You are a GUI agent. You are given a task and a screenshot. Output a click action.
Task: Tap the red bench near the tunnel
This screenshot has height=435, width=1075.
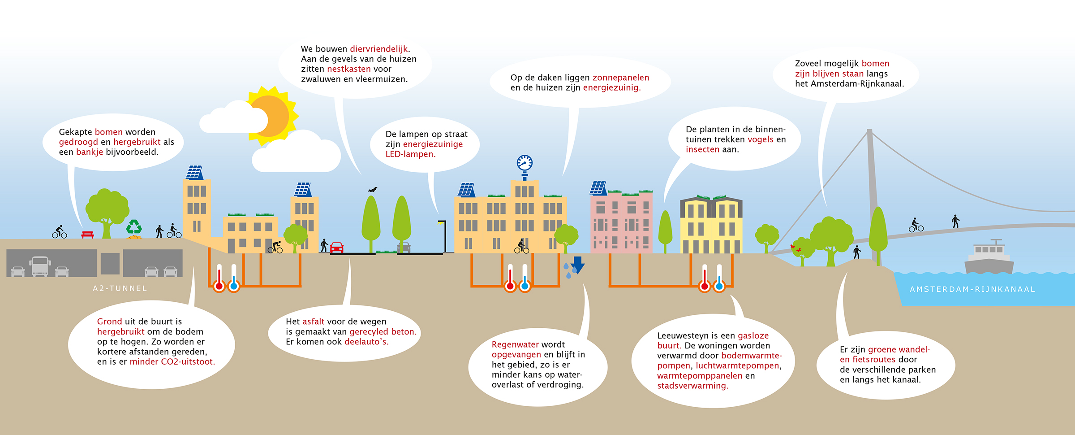click(x=87, y=235)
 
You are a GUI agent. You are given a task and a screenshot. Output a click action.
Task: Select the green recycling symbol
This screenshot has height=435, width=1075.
click(x=134, y=227)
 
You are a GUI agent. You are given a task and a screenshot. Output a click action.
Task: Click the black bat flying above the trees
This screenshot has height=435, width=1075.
click(x=372, y=190)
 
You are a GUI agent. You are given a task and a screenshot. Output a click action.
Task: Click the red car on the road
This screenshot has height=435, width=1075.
click(x=336, y=247)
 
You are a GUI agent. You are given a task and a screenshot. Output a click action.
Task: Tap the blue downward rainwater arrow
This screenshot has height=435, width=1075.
click(x=578, y=265)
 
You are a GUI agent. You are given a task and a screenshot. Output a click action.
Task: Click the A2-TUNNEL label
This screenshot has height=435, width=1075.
click(x=120, y=288)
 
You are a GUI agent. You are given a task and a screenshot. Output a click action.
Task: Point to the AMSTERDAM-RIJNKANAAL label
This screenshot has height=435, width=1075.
click(x=972, y=289)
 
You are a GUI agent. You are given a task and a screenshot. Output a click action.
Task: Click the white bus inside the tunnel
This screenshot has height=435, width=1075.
click(x=39, y=266)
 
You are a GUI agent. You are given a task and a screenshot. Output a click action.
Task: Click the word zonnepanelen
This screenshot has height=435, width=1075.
click(x=620, y=78)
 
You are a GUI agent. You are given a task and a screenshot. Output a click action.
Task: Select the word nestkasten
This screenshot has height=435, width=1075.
click(x=349, y=69)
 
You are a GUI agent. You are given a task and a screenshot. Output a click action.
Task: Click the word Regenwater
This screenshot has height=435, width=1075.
click(x=515, y=344)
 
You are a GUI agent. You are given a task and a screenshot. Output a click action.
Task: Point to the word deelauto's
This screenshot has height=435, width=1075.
click(x=366, y=342)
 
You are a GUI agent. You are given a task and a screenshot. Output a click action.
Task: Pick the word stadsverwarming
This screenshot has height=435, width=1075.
click(x=692, y=386)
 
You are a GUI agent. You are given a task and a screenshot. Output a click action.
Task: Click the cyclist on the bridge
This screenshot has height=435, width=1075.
click(x=916, y=225)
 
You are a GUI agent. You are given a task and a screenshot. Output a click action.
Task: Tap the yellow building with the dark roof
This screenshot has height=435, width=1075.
click(x=711, y=225)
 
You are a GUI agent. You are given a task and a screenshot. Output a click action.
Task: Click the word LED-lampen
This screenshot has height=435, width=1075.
click(x=410, y=154)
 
